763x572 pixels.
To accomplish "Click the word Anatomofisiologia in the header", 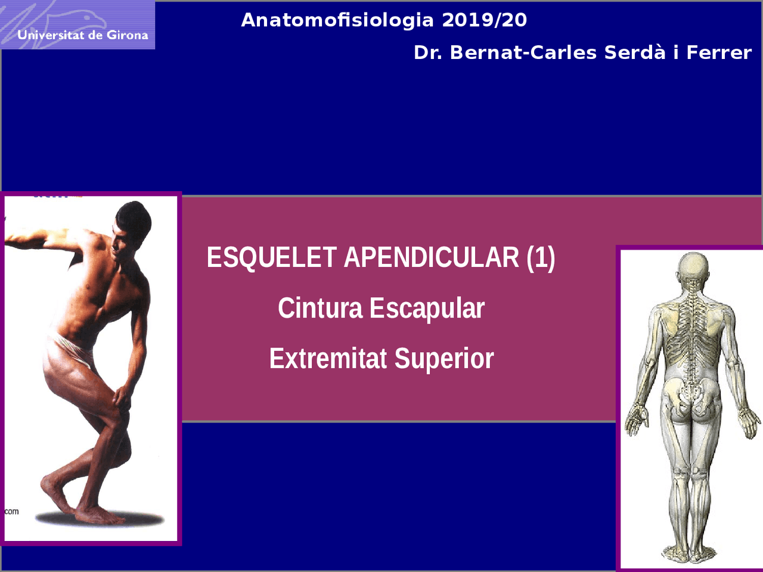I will [x=337, y=20].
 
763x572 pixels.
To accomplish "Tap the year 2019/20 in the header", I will [x=484, y=20].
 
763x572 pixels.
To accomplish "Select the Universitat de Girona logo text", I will [x=82, y=35].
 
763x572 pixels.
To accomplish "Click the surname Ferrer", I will [x=719, y=52].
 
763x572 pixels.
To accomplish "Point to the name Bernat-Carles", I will [x=523, y=52].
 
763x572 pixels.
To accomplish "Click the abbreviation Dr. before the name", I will [x=428, y=52].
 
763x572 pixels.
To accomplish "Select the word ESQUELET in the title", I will [x=272, y=257].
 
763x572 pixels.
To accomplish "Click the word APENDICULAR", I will [x=432, y=257].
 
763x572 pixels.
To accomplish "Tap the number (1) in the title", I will [x=541, y=257].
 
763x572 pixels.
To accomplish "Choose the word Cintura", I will [x=320, y=308].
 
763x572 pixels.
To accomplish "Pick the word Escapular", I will [x=427, y=308].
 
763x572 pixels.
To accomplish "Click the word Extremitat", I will [x=328, y=359].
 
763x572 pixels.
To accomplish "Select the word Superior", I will [x=444, y=359].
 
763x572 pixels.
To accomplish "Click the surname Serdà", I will [x=634, y=52].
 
